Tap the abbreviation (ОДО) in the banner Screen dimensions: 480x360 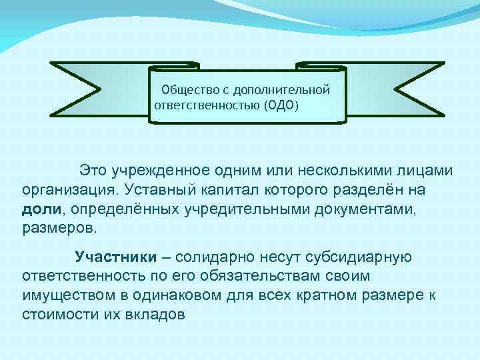coord(282,105)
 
